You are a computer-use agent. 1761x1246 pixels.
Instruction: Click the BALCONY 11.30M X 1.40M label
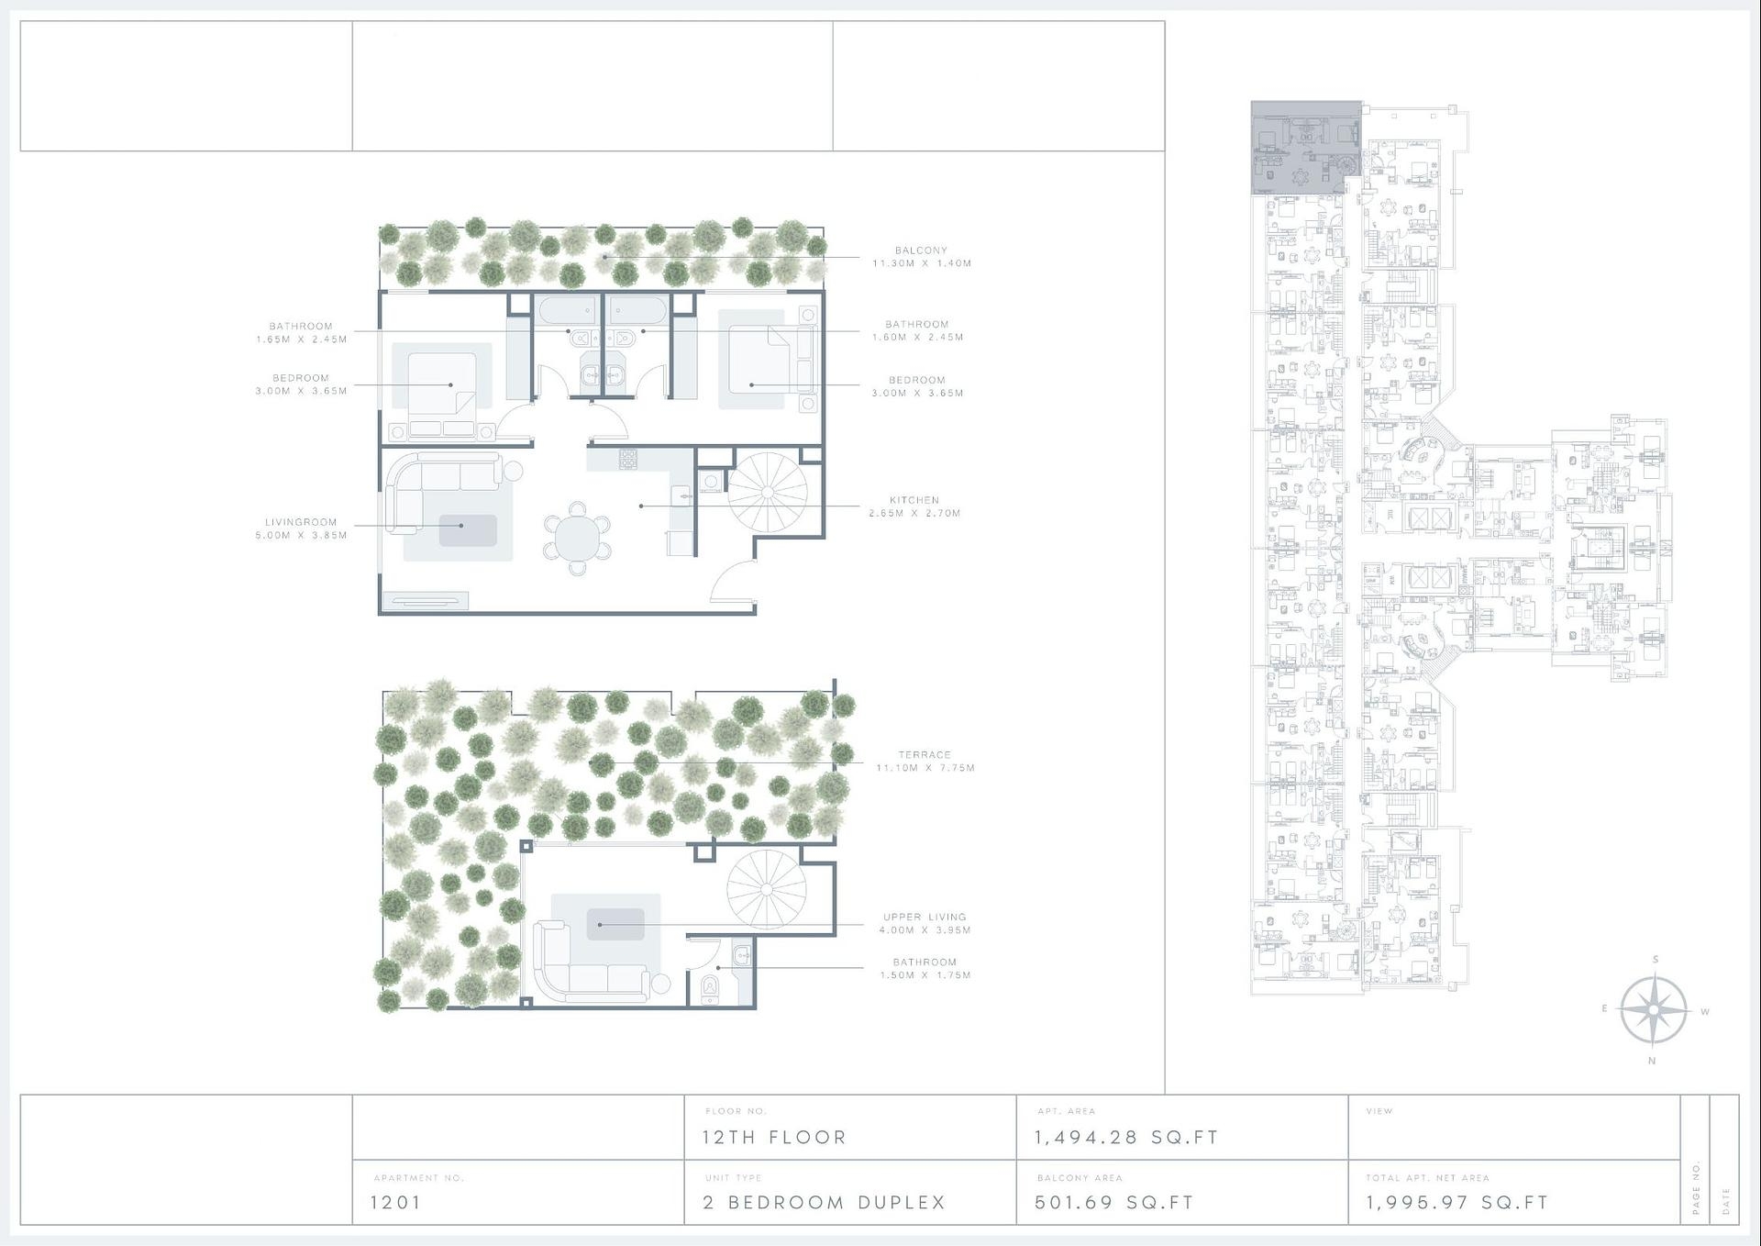[921, 257]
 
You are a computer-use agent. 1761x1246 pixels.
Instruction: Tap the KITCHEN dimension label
[914, 507]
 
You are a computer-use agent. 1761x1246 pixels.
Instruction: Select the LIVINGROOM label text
[302, 523]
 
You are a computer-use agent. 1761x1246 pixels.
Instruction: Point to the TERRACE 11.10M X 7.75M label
[925, 762]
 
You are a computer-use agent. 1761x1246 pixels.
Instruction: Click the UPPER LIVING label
[925, 917]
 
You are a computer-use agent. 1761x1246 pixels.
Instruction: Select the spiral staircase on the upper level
[767, 888]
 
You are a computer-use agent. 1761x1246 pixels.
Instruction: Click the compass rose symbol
[1653, 1010]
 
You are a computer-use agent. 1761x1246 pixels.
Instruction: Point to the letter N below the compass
[1652, 1062]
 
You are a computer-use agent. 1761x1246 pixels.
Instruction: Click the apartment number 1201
[395, 1202]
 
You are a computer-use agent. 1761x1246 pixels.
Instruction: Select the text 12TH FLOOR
[774, 1138]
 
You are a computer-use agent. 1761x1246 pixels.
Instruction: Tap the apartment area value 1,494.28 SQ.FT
[1126, 1138]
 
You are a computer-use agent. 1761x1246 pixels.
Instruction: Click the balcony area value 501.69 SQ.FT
[1114, 1202]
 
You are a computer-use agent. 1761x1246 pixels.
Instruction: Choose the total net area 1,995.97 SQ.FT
[1456, 1202]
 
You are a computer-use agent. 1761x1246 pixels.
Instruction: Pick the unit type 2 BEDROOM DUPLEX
[824, 1202]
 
